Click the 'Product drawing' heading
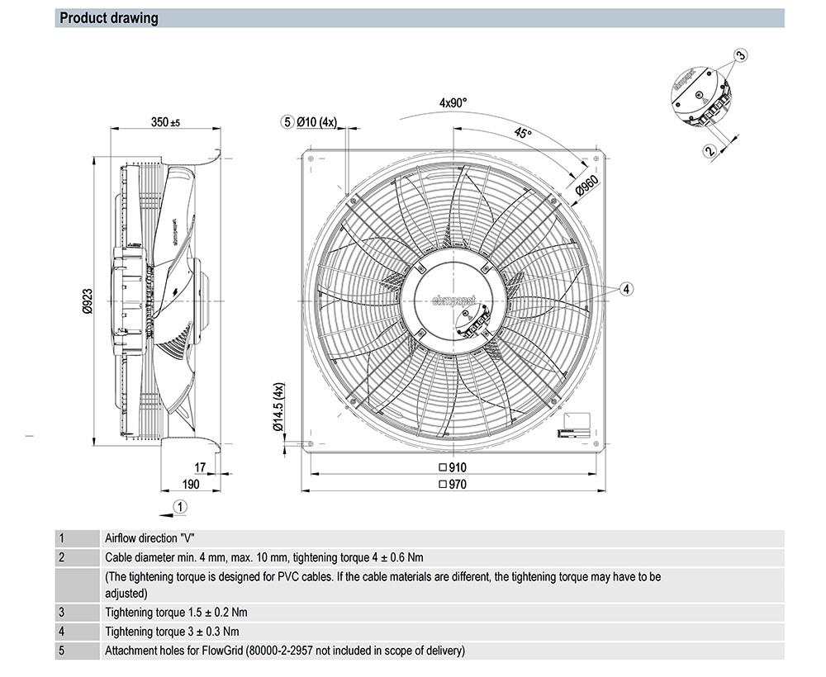click(x=109, y=18)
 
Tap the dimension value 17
click(x=200, y=466)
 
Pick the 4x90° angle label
click(x=453, y=103)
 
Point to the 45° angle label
click(x=523, y=134)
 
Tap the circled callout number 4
click(x=627, y=288)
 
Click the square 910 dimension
click(x=453, y=467)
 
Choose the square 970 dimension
click(x=453, y=484)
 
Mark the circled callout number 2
click(x=709, y=150)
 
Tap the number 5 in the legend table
click(x=61, y=651)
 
